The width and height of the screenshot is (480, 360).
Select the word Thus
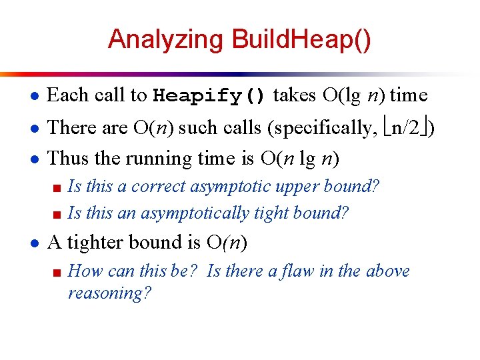(67, 158)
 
